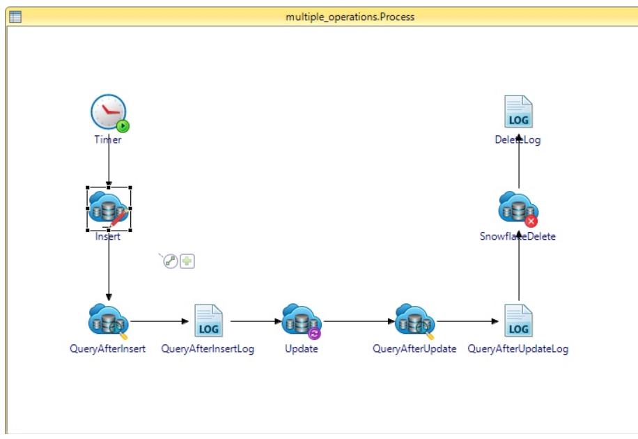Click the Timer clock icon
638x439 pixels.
(108, 111)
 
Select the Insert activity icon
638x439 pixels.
(108, 208)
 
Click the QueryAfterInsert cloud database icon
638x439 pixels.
(108, 321)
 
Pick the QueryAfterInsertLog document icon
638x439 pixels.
(208, 321)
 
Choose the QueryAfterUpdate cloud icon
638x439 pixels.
(414, 321)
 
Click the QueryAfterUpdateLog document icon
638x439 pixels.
(518, 321)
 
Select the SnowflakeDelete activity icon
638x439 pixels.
(518, 208)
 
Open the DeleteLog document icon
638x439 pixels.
(518, 111)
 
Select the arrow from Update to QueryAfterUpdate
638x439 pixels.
(359, 322)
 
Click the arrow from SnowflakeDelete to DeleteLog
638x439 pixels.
(519, 164)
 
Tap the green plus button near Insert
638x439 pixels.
(187, 261)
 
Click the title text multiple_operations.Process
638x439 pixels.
(350, 17)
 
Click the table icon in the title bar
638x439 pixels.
(15, 17)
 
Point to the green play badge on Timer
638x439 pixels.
(123, 126)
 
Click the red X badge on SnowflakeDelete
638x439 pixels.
(531, 221)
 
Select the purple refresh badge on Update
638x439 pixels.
(314, 333)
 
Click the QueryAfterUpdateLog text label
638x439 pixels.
(518, 349)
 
